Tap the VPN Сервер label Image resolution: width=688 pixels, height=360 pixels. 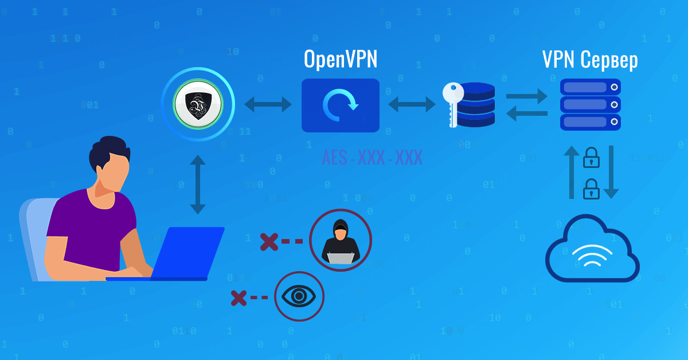click(590, 60)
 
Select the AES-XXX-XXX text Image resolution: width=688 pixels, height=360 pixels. click(372, 157)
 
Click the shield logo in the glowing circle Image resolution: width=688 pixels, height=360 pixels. click(198, 104)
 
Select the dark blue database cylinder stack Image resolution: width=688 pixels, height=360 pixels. click(476, 104)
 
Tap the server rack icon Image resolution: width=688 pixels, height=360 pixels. click(590, 104)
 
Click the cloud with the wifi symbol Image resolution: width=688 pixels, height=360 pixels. click(592, 249)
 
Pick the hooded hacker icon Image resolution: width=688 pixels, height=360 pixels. click(341, 240)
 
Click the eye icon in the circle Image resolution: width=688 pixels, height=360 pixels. click(299, 296)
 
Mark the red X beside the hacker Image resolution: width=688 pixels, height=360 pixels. click(268, 241)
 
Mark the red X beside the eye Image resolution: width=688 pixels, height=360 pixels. click(239, 298)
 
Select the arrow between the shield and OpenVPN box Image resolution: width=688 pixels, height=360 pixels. click(268, 104)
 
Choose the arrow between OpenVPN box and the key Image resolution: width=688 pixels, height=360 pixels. click(412, 104)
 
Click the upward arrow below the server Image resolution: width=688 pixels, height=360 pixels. click(572, 172)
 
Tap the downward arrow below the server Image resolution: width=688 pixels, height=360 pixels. click(611, 172)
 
